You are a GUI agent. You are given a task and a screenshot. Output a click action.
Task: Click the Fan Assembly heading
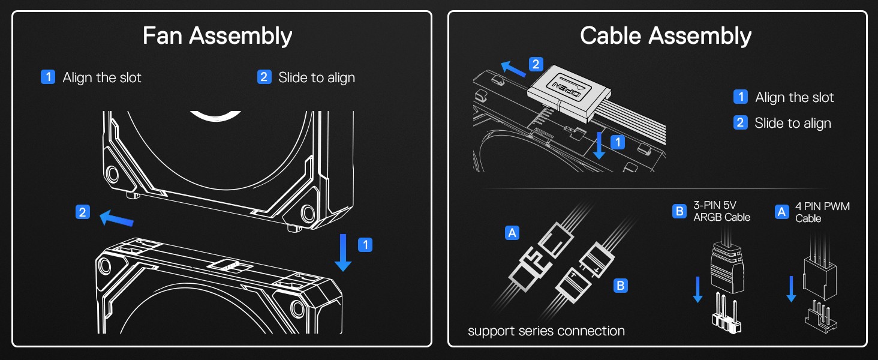(217, 36)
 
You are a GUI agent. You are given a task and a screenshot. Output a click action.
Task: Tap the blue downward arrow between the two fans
(344, 252)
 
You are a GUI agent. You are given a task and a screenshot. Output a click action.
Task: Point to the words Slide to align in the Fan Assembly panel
(317, 77)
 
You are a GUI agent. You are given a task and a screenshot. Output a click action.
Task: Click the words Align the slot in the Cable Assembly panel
(795, 97)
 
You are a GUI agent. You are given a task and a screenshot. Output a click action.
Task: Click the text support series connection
(546, 331)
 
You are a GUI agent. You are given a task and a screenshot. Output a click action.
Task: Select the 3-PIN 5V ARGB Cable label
(721, 211)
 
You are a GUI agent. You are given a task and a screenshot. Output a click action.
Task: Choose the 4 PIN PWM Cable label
(822, 212)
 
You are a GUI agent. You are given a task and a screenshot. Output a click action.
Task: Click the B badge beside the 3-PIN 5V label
(679, 211)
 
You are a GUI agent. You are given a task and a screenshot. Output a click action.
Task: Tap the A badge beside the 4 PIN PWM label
(781, 212)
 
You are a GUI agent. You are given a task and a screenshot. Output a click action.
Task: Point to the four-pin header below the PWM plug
(821, 313)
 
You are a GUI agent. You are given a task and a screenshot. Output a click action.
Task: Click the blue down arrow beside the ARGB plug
(697, 289)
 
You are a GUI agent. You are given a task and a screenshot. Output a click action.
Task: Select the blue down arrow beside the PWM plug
(791, 289)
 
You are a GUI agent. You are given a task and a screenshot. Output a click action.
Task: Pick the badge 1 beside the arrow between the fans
(365, 245)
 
